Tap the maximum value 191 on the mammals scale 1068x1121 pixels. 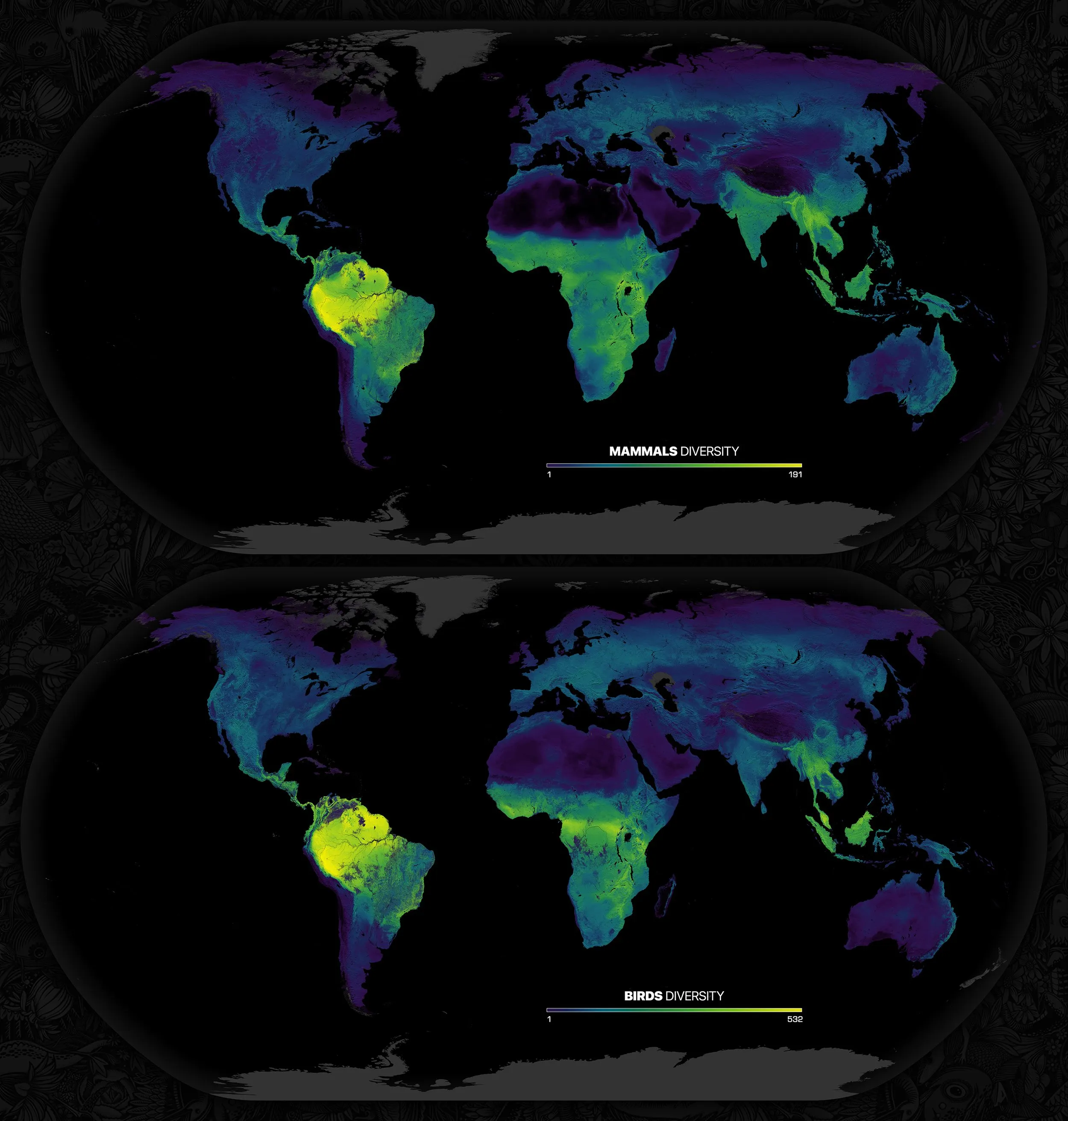pos(795,474)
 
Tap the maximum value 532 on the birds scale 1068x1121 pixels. pos(795,1019)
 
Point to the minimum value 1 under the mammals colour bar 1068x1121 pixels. pos(549,474)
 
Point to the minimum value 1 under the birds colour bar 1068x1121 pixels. pos(549,1019)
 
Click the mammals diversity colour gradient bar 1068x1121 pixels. pos(674,465)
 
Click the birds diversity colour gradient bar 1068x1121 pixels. pos(674,1010)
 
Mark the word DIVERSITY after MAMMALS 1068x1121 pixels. pos(709,451)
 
